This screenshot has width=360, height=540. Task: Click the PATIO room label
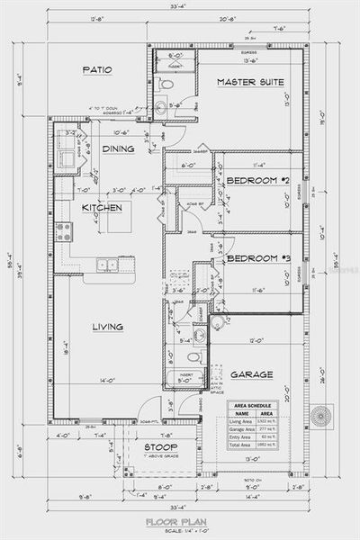pyautogui.click(x=97, y=69)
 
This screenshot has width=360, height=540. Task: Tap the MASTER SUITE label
pyautogui.click(x=250, y=82)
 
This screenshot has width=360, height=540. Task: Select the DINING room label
pyautogui.click(x=119, y=149)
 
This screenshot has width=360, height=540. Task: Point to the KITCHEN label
pyautogui.click(x=102, y=208)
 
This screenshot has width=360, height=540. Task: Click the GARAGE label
pyautogui.click(x=251, y=374)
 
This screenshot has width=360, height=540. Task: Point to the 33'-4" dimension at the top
pyautogui.click(x=179, y=9)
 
